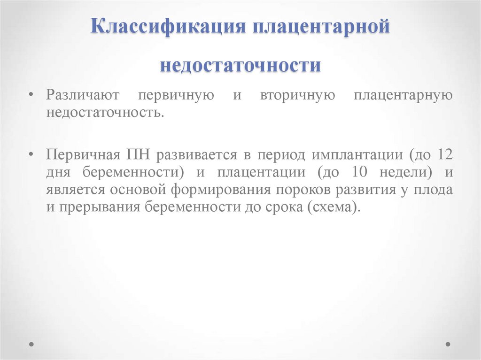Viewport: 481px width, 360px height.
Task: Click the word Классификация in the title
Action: pos(169,26)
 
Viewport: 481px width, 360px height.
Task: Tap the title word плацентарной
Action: pos(321,27)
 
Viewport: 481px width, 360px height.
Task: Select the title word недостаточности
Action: pos(240,65)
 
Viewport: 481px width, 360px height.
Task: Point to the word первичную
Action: pos(176,95)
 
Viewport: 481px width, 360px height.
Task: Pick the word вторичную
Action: pos(297,95)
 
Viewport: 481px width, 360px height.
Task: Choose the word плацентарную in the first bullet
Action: pos(403,95)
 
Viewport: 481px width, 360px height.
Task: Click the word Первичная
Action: pos(83,154)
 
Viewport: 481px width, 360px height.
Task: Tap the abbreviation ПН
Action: pos(138,154)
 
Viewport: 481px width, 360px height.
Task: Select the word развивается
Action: pos(197,154)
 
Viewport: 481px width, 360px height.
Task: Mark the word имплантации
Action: pos(357,154)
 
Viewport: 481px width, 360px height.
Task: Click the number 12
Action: pos(444,154)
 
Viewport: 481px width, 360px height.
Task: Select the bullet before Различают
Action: pos(31,95)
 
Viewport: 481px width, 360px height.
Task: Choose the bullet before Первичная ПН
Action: pos(31,154)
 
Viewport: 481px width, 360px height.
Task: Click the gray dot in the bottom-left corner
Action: pos(31,344)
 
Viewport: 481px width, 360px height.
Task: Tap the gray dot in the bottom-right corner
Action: pos(448,344)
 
